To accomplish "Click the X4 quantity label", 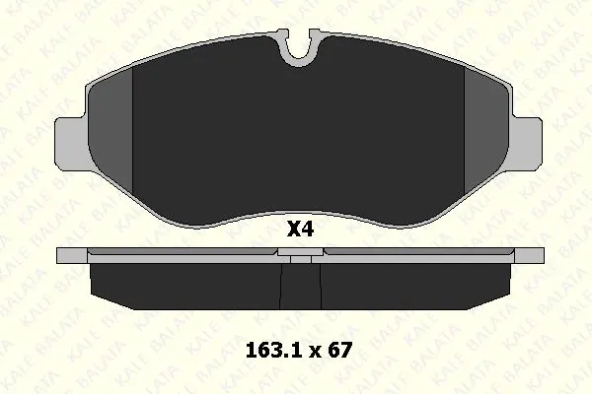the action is pyautogui.click(x=301, y=229).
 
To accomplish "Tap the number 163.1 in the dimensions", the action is pyautogui.click(x=273, y=351).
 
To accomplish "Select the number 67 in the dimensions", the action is pyautogui.click(x=339, y=351).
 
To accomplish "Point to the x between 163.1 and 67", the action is pyautogui.click(x=315, y=353).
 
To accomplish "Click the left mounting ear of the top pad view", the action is pyautogui.click(x=72, y=143).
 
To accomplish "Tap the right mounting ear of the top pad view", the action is pyautogui.click(x=528, y=143).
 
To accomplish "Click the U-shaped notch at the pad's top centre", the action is pyautogui.click(x=299, y=49).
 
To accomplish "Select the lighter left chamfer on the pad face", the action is pyautogui.click(x=111, y=132).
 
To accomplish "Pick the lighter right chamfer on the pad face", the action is pyautogui.click(x=487, y=132).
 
